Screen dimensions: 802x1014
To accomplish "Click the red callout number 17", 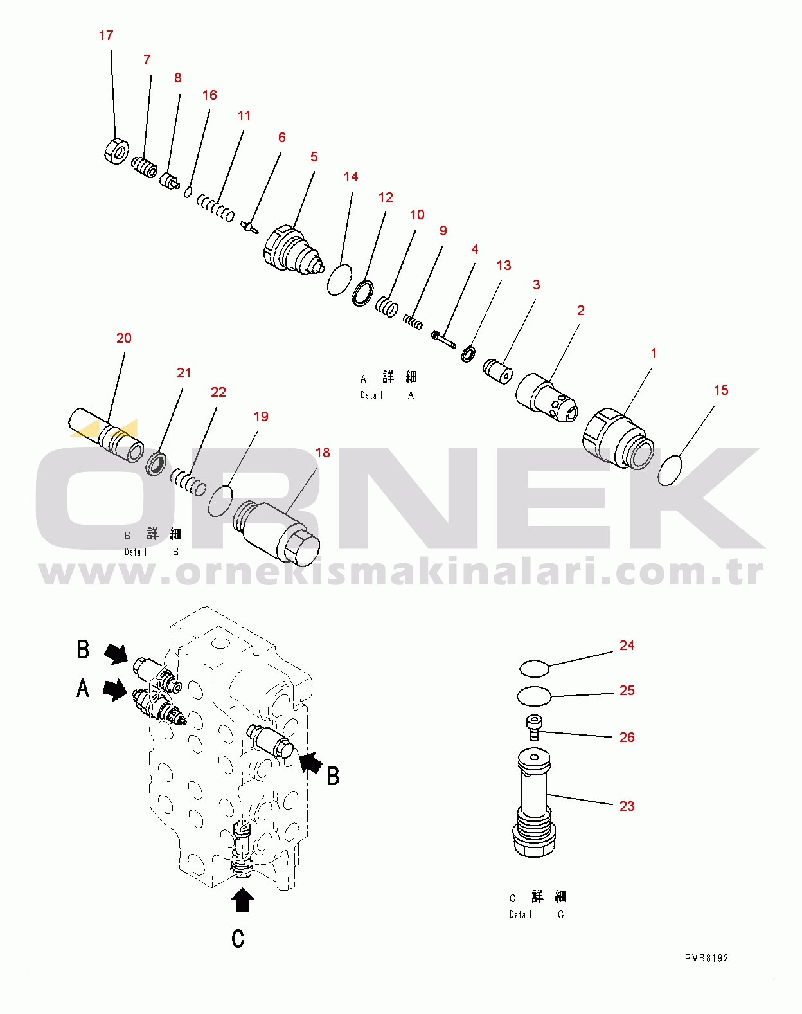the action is point(106,35).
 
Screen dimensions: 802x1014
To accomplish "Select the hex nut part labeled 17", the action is point(116,150).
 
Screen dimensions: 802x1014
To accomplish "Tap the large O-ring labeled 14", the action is point(339,280).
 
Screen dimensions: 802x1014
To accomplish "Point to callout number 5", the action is point(314,157).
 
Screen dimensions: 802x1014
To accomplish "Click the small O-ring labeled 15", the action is point(670,470).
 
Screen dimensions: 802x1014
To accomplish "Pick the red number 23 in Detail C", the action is point(627,806).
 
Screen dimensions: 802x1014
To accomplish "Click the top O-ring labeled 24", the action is point(534,668).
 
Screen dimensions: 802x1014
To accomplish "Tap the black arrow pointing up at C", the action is point(242,900).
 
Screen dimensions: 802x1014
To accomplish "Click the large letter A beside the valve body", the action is point(83,689).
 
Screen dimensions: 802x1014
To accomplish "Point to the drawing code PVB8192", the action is point(706,958).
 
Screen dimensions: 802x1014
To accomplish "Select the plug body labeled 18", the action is point(276,532).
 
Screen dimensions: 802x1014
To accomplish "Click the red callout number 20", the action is point(124,338).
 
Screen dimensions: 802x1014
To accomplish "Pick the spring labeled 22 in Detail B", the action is point(188,482).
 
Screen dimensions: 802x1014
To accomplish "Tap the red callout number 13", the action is point(503,266).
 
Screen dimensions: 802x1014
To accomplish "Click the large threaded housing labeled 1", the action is point(618,439).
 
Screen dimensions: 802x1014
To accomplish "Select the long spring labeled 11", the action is point(215,208).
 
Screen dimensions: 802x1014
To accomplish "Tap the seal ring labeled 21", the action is point(156,464).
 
